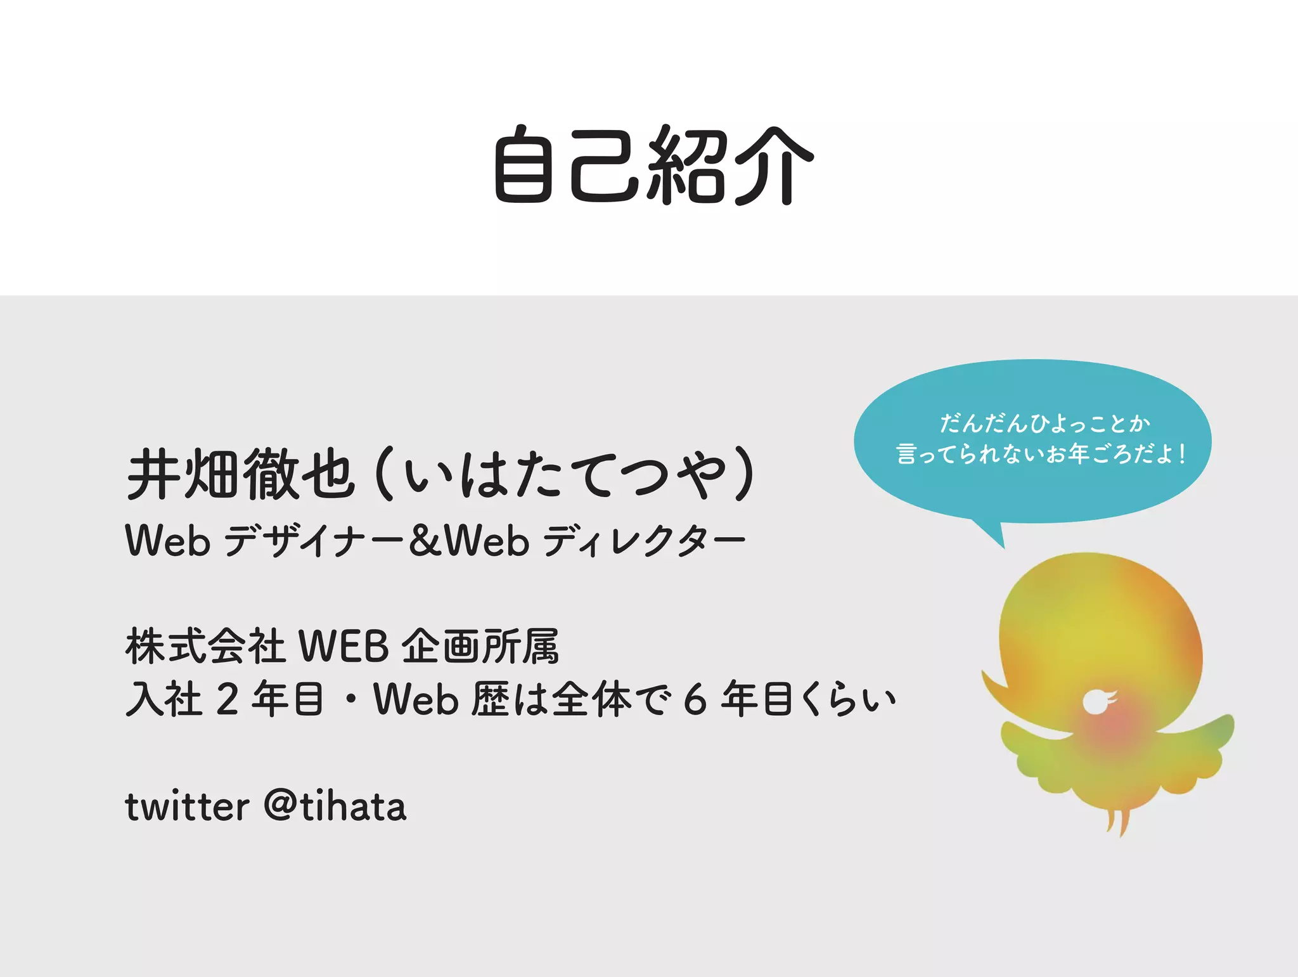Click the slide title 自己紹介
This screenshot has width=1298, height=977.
(x=653, y=165)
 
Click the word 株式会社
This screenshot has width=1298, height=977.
(x=205, y=647)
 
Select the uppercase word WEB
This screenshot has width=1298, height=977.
(x=343, y=647)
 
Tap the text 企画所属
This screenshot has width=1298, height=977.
(x=480, y=647)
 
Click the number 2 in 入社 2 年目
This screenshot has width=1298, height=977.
(x=227, y=699)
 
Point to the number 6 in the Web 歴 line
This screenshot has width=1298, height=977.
(x=695, y=699)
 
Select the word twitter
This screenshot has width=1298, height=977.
(x=187, y=806)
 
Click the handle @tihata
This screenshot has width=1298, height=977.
(x=335, y=806)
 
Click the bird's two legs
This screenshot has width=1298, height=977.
(x=1117, y=821)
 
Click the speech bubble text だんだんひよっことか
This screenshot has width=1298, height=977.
(x=1044, y=424)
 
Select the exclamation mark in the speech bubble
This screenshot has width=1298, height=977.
(x=1183, y=454)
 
